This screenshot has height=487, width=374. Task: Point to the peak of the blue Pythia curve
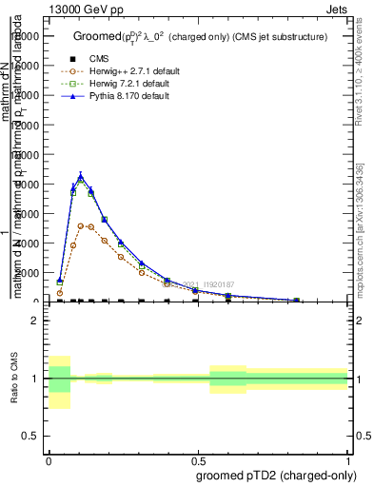[81, 175]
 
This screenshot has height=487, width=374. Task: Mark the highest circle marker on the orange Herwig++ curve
[81, 225]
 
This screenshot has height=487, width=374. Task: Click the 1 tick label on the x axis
[348, 459]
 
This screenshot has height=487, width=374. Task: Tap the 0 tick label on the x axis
[49, 459]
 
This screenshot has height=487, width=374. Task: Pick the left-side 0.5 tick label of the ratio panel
[30, 436]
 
